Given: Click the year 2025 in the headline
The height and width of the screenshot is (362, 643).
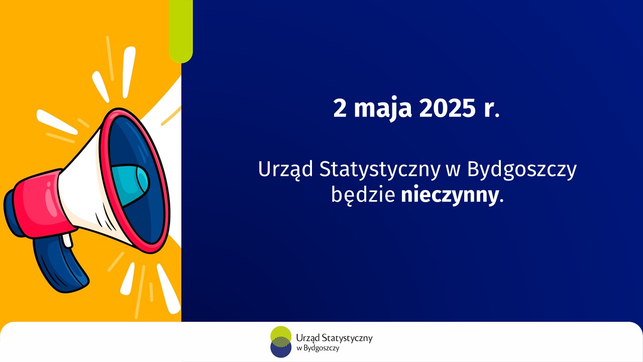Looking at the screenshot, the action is pos(447,109).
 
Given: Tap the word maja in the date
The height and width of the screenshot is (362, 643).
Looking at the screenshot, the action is pos(383,109).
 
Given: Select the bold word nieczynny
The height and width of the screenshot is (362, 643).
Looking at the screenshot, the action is pos(450,196).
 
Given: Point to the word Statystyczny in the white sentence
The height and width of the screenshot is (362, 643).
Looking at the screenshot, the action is pos(379,170).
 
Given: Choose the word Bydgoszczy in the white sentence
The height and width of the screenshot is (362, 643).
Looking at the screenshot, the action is pos(522,170).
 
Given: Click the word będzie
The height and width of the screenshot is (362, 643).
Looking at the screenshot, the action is pos(363,196).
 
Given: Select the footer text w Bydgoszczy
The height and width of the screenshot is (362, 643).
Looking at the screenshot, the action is pos(318,348).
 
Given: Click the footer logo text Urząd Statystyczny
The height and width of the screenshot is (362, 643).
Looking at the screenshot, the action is pos(335,338).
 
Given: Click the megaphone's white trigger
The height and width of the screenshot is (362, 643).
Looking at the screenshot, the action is pos(67,240).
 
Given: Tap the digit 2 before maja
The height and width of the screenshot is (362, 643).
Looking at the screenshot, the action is pos(340,109).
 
